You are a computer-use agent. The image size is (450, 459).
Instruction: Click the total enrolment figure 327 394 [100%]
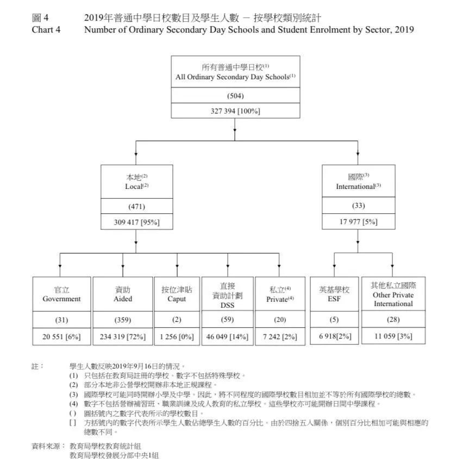click(235, 111)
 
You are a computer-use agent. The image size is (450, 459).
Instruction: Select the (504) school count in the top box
click(235, 96)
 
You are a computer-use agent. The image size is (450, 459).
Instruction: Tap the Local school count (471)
click(136, 206)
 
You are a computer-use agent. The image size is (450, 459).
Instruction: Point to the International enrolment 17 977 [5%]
click(358, 221)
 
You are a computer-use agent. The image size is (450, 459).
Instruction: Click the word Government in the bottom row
click(61, 299)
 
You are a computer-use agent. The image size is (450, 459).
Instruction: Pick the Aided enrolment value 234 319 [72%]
click(123, 336)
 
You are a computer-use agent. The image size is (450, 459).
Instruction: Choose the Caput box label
click(177, 299)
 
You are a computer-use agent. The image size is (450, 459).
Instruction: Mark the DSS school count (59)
click(227, 320)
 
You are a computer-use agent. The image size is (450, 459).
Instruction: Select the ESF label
click(334, 299)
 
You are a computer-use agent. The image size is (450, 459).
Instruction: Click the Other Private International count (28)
click(393, 320)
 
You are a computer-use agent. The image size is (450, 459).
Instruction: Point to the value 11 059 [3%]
click(393, 336)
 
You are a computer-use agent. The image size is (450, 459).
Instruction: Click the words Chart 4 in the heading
click(46, 30)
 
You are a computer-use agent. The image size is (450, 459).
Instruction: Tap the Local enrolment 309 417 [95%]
click(136, 222)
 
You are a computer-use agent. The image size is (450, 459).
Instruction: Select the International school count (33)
click(358, 206)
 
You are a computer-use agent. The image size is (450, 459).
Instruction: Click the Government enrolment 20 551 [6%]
click(61, 336)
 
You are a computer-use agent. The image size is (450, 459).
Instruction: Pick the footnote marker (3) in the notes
click(73, 394)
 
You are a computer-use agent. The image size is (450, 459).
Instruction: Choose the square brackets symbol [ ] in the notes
click(73, 422)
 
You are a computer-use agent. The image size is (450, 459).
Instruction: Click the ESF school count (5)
click(334, 320)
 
